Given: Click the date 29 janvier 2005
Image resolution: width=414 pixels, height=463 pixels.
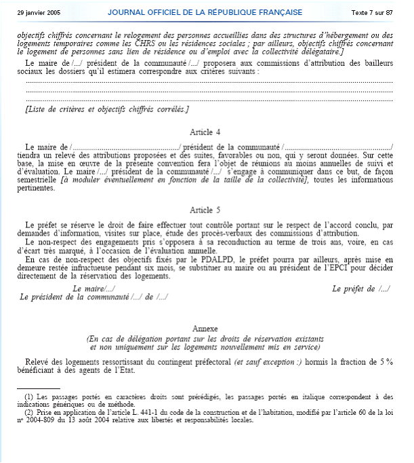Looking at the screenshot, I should [x=39, y=13].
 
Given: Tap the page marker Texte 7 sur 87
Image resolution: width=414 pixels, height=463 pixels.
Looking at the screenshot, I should [x=372, y=13].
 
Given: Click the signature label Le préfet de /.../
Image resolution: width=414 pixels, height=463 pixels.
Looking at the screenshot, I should [x=360, y=289].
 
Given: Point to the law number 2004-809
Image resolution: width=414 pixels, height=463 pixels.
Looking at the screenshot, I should [x=42, y=420].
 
